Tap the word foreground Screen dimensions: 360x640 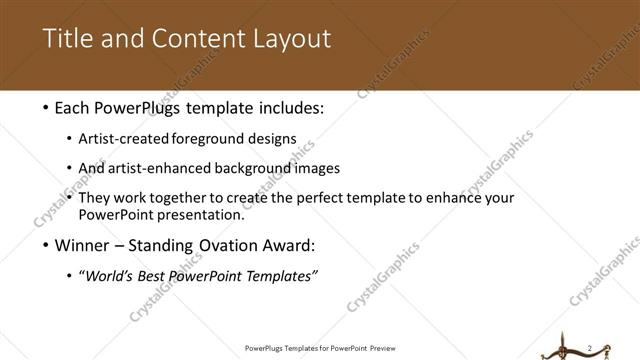(221, 139)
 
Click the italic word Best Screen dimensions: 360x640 (156, 276)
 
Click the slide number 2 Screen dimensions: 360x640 (590, 347)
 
